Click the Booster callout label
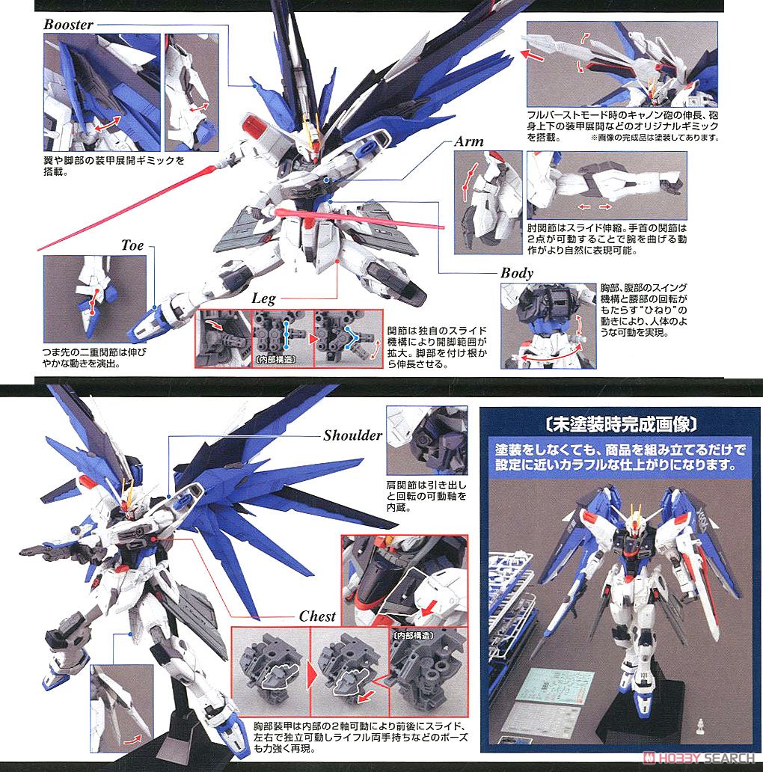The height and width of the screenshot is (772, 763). (x=68, y=24)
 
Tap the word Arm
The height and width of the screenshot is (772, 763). (x=469, y=141)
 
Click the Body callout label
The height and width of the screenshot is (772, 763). (x=517, y=273)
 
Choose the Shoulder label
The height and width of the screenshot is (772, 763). (x=352, y=435)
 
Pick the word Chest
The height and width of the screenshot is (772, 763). (x=317, y=616)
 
